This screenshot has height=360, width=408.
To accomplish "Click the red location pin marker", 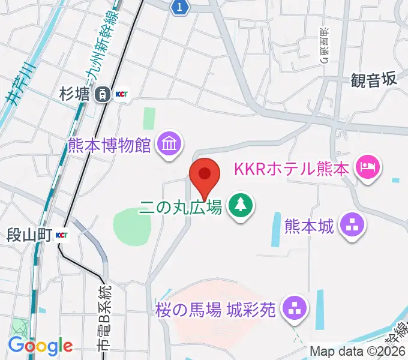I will (205, 175).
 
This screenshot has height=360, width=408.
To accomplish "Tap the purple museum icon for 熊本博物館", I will (169, 144).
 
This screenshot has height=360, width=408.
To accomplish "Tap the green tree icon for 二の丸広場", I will (241, 205).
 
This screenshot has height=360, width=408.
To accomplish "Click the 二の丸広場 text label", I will (181, 208).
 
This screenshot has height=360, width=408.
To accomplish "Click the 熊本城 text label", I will (308, 226).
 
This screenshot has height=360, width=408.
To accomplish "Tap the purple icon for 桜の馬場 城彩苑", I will (293, 309).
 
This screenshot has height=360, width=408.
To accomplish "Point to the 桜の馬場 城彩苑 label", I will (215, 310).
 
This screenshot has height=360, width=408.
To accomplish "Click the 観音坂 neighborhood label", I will (374, 80).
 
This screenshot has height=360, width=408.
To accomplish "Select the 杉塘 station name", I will (75, 94).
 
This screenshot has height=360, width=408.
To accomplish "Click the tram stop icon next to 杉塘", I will (103, 94).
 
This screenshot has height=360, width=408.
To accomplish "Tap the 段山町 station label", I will (28, 234).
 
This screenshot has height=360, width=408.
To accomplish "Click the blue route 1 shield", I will (180, 7).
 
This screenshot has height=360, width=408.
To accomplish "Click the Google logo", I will (40, 346).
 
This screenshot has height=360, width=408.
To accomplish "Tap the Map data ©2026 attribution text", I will (358, 351).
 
